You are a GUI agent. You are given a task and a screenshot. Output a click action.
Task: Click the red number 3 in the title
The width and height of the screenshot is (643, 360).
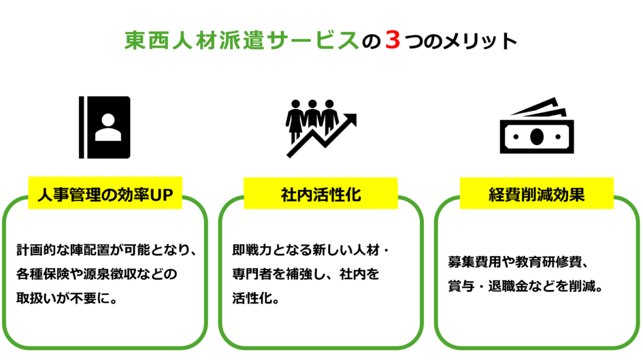[x=393, y=41]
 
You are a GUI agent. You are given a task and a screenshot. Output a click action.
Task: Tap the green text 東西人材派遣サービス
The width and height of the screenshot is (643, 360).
[x=242, y=41]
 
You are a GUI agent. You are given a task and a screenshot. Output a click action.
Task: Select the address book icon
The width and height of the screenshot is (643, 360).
[x=105, y=127]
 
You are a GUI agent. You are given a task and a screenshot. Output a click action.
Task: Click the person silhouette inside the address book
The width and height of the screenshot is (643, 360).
[x=108, y=127]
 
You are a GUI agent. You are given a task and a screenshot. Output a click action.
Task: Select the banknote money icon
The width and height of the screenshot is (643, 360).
[x=537, y=125]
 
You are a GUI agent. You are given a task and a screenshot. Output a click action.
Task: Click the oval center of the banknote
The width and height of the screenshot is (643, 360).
[x=537, y=137]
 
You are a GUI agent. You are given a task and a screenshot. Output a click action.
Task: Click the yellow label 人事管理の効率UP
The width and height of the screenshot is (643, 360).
[x=105, y=193]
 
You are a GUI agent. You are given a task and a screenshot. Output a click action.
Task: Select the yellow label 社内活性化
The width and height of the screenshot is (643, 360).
[x=320, y=193]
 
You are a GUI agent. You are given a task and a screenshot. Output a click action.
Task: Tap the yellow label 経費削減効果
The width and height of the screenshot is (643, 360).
[x=537, y=193]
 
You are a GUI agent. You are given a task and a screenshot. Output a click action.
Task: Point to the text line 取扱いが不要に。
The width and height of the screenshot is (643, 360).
[x=67, y=298]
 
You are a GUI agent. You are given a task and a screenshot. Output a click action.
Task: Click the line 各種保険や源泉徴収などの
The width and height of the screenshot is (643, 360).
[x=97, y=274]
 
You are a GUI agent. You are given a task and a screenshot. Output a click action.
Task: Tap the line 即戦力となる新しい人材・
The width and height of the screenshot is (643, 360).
[x=310, y=250]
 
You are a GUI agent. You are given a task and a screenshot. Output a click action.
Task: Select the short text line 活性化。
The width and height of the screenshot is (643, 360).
[x=256, y=298]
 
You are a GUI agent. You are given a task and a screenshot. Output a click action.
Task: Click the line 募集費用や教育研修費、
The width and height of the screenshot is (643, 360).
[x=518, y=261]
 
